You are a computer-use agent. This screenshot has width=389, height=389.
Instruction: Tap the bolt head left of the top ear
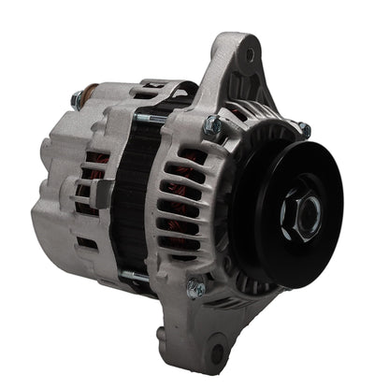(211, 124)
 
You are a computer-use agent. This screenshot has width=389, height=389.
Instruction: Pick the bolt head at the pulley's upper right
(303, 129)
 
